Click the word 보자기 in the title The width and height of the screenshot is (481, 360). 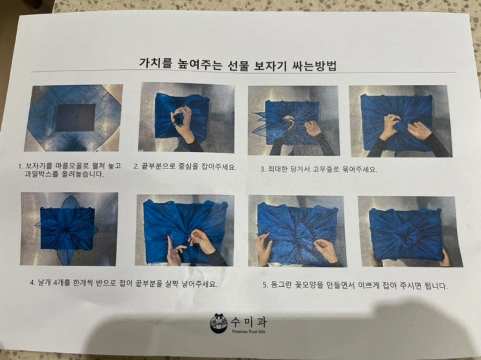[269, 65]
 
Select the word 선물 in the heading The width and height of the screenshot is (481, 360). [236, 65]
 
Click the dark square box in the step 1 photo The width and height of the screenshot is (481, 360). [76, 118]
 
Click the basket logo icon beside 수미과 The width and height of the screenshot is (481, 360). [219, 324]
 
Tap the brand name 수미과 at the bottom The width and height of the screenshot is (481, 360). [248, 322]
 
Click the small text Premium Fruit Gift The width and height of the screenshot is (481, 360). [249, 332]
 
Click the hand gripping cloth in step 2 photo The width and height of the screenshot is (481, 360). [182, 122]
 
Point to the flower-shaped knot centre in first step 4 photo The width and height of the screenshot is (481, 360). [67, 229]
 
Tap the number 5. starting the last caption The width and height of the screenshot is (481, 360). [265, 286]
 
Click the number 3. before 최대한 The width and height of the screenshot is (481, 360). [263, 169]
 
